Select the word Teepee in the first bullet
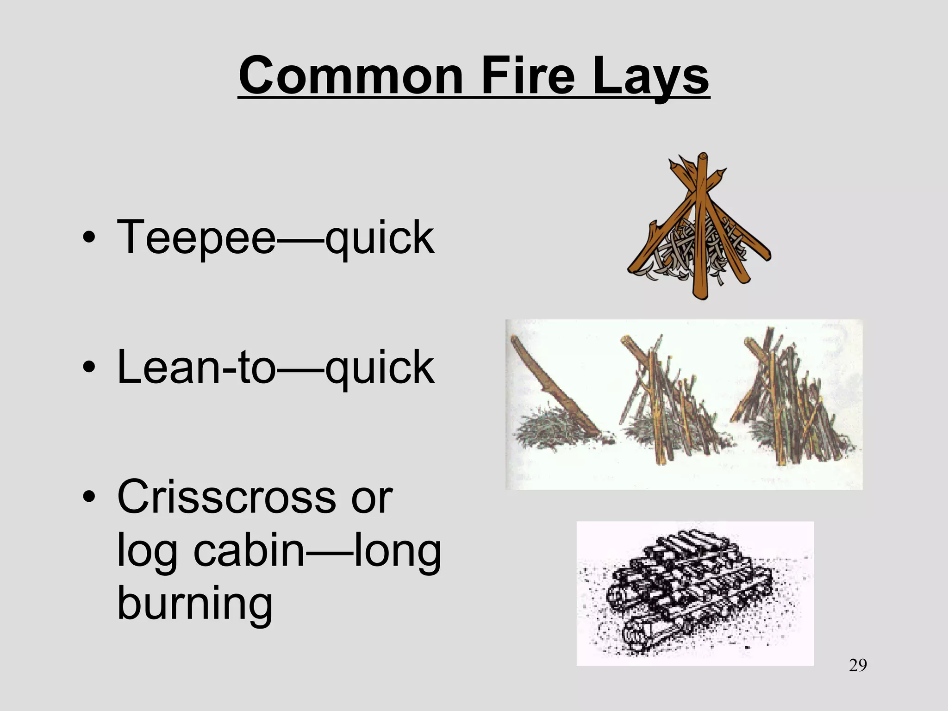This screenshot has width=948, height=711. (x=196, y=237)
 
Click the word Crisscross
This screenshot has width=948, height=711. (x=227, y=497)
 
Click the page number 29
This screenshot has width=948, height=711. (x=858, y=665)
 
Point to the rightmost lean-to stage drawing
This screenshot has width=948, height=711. (x=792, y=403)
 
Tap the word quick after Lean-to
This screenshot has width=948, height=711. (x=380, y=368)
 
